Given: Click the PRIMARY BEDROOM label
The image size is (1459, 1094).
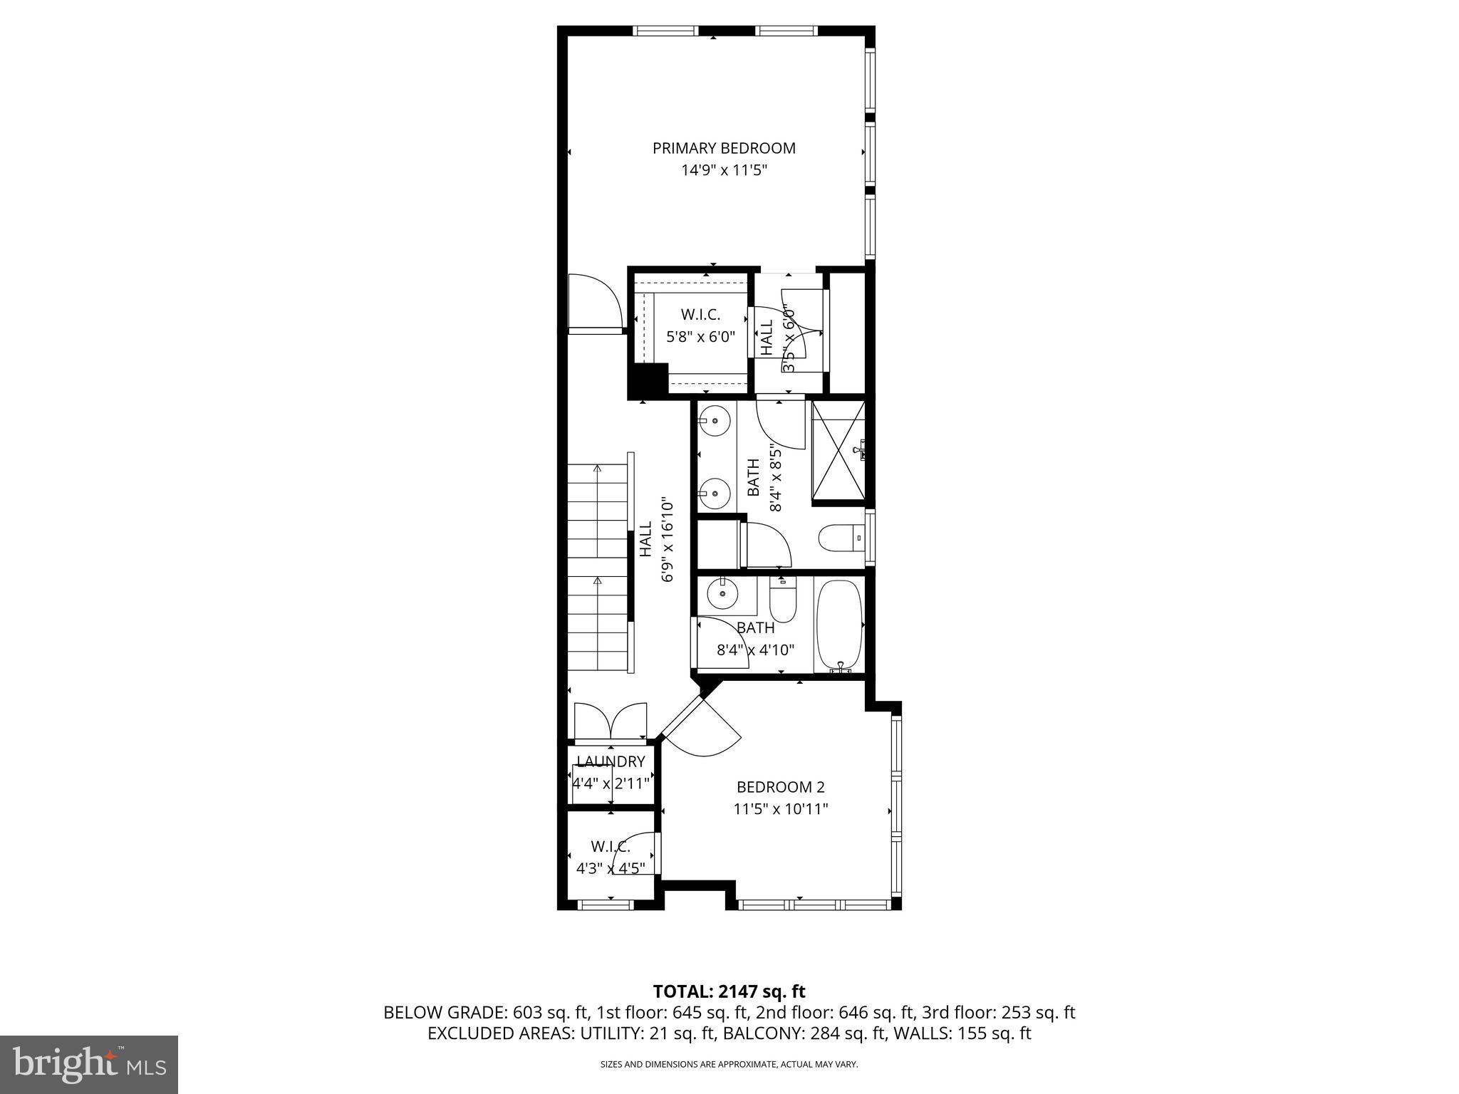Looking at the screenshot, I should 724,148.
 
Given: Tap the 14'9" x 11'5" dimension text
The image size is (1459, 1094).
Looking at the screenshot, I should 724,170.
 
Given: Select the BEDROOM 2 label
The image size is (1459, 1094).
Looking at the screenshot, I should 780,787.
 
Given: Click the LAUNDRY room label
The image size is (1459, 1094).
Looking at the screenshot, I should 611,761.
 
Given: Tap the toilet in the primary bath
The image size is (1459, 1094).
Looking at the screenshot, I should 839,538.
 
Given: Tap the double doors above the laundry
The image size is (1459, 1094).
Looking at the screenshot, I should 611,721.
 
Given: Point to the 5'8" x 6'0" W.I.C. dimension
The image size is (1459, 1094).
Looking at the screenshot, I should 700,337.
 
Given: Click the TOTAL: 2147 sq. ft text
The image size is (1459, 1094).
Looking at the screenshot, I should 729,991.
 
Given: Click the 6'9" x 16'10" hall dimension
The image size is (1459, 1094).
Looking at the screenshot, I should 667,539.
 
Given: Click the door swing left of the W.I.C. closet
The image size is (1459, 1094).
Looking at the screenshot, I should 595,305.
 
